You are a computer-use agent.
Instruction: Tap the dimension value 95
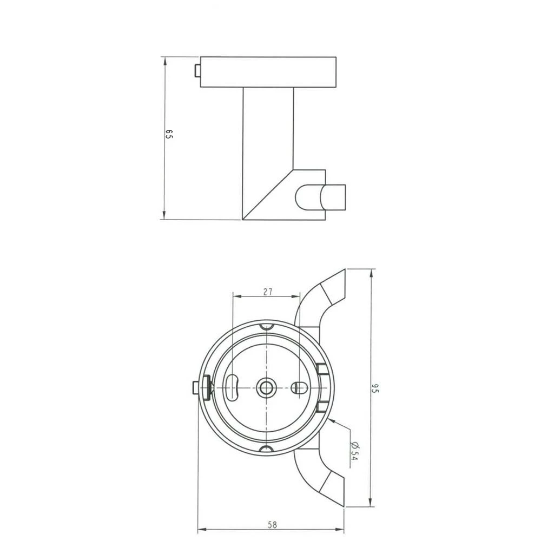pyautogui.click(x=375, y=388)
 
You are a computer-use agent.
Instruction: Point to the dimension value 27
pyautogui.click(x=267, y=292)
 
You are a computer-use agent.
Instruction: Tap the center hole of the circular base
pyautogui.click(x=267, y=387)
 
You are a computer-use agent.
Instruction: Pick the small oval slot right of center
pyautogui.click(x=299, y=387)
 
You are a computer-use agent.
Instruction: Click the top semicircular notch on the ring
pyautogui.click(x=267, y=326)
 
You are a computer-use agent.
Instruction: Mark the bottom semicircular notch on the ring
pyautogui.click(x=267, y=449)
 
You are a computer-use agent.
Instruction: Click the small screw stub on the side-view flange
pyautogui.click(x=197, y=71)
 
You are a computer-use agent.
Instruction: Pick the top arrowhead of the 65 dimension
pyautogui.click(x=163, y=58)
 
